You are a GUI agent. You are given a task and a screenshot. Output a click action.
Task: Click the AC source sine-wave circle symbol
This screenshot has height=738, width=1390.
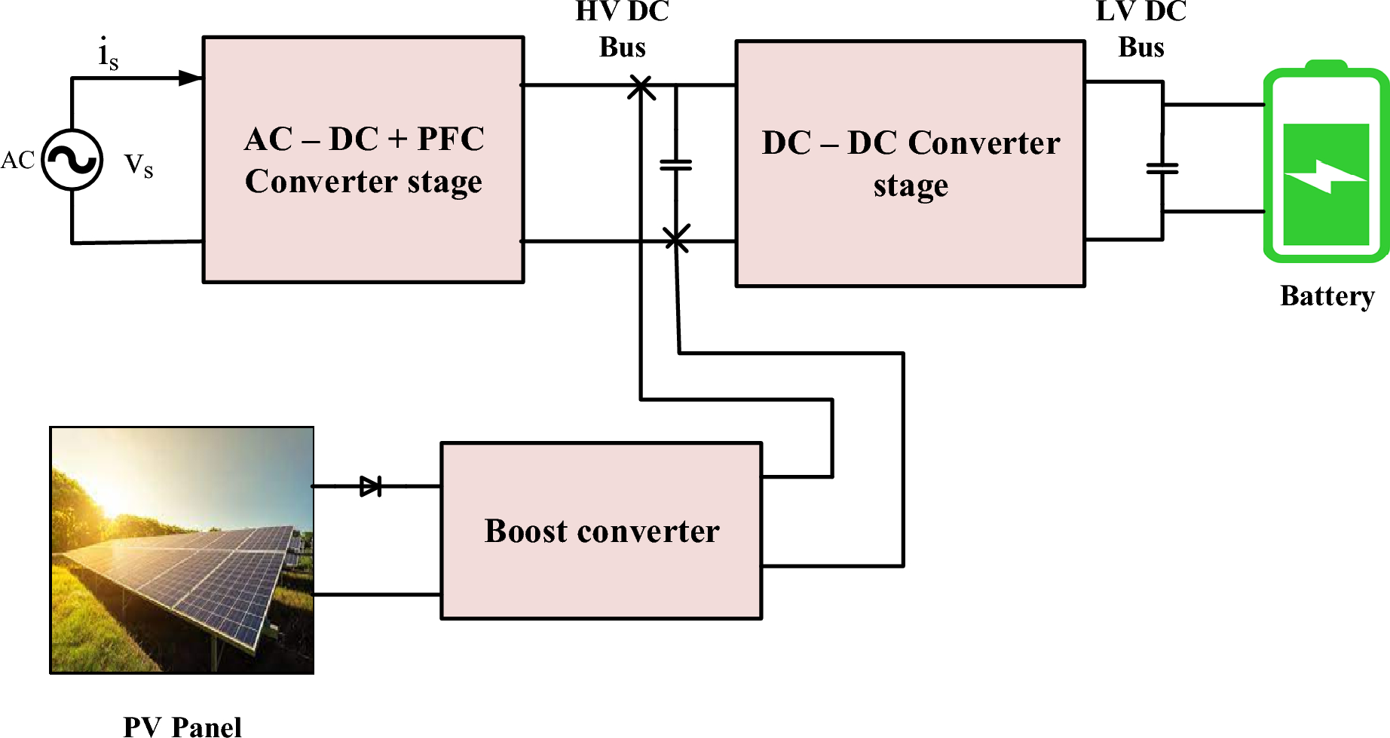tap(72, 160)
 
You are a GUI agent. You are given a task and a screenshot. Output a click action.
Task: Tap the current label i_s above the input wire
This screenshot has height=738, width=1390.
tap(108, 54)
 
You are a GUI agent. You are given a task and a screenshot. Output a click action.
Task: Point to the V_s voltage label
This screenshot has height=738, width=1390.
tap(139, 165)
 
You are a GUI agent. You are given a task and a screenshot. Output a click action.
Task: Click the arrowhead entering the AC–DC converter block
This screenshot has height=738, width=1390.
tap(190, 78)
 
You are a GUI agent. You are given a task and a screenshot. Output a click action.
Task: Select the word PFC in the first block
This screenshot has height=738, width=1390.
tap(450, 139)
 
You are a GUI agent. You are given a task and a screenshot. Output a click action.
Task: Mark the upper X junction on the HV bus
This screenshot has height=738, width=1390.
tap(641, 87)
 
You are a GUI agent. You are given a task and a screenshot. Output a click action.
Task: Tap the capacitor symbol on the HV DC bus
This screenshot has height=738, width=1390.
tap(675, 164)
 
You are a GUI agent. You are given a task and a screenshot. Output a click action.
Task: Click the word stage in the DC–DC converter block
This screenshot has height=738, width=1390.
tap(911, 185)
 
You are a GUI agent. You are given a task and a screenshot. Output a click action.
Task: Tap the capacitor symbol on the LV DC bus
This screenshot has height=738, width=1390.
tap(1162, 169)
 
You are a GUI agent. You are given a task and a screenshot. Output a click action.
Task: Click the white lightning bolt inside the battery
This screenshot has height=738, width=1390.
tap(1326, 177)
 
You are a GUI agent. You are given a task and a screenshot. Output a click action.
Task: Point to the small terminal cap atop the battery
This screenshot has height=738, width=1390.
tap(1325, 66)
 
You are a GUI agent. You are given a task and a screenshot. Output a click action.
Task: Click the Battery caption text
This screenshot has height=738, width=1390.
tap(1327, 296)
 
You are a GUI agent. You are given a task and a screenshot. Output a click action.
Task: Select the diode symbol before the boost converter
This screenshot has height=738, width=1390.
tap(371, 486)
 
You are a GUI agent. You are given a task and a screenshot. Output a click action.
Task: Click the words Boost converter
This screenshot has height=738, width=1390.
tap(602, 531)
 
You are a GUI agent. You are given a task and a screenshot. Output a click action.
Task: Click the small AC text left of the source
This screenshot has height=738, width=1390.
tap(18, 161)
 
